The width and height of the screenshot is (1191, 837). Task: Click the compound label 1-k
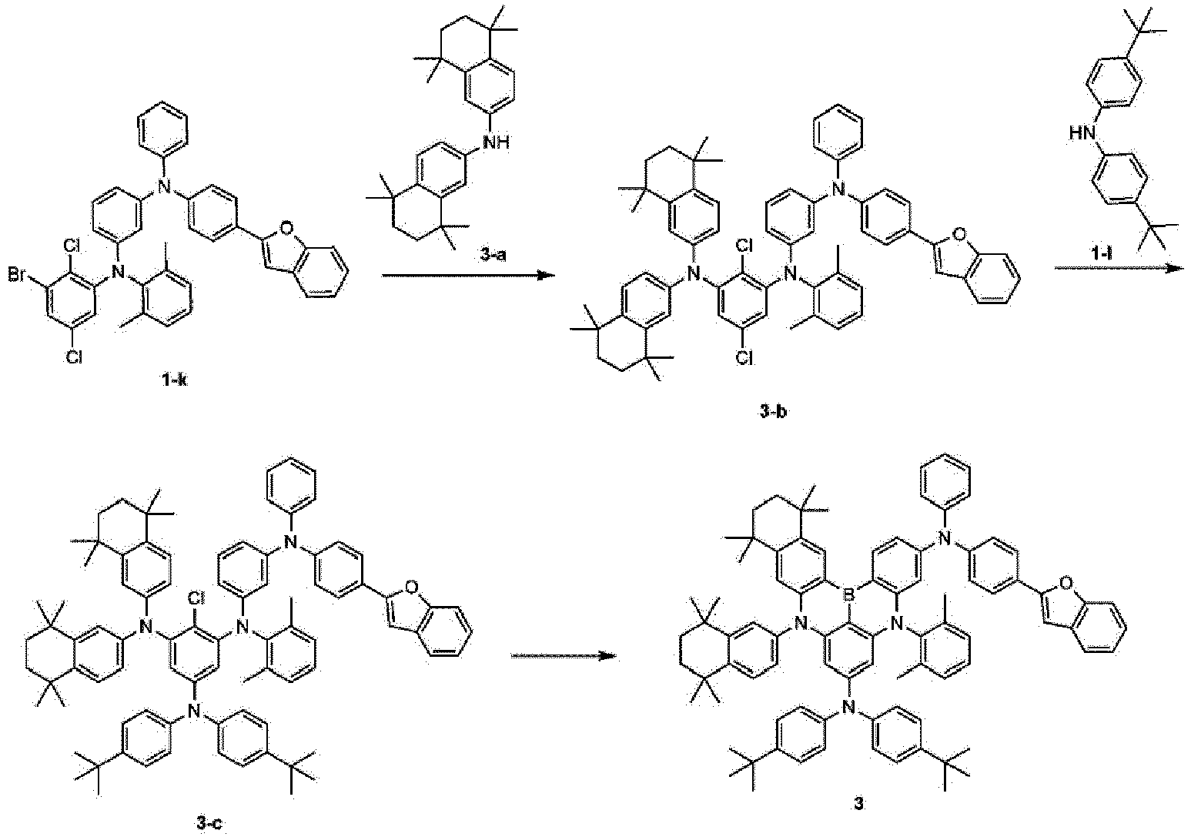[x=175, y=380]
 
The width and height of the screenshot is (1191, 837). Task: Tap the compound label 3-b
[x=772, y=411]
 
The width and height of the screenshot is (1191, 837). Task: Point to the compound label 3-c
[x=208, y=824]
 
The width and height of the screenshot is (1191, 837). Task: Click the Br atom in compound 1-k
[x=18, y=275]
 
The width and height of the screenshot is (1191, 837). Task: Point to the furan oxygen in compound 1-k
[x=286, y=229]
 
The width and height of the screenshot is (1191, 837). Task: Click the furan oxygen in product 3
[x=1064, y=585]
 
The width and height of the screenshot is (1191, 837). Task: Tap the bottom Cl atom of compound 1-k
[x=74, y=358]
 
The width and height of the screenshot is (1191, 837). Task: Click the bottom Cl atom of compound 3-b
[x=744, y=359]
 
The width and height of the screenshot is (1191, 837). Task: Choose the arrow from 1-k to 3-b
[x=468, y=275]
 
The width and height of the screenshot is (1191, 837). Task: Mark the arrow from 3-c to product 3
[x=564, y=656]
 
